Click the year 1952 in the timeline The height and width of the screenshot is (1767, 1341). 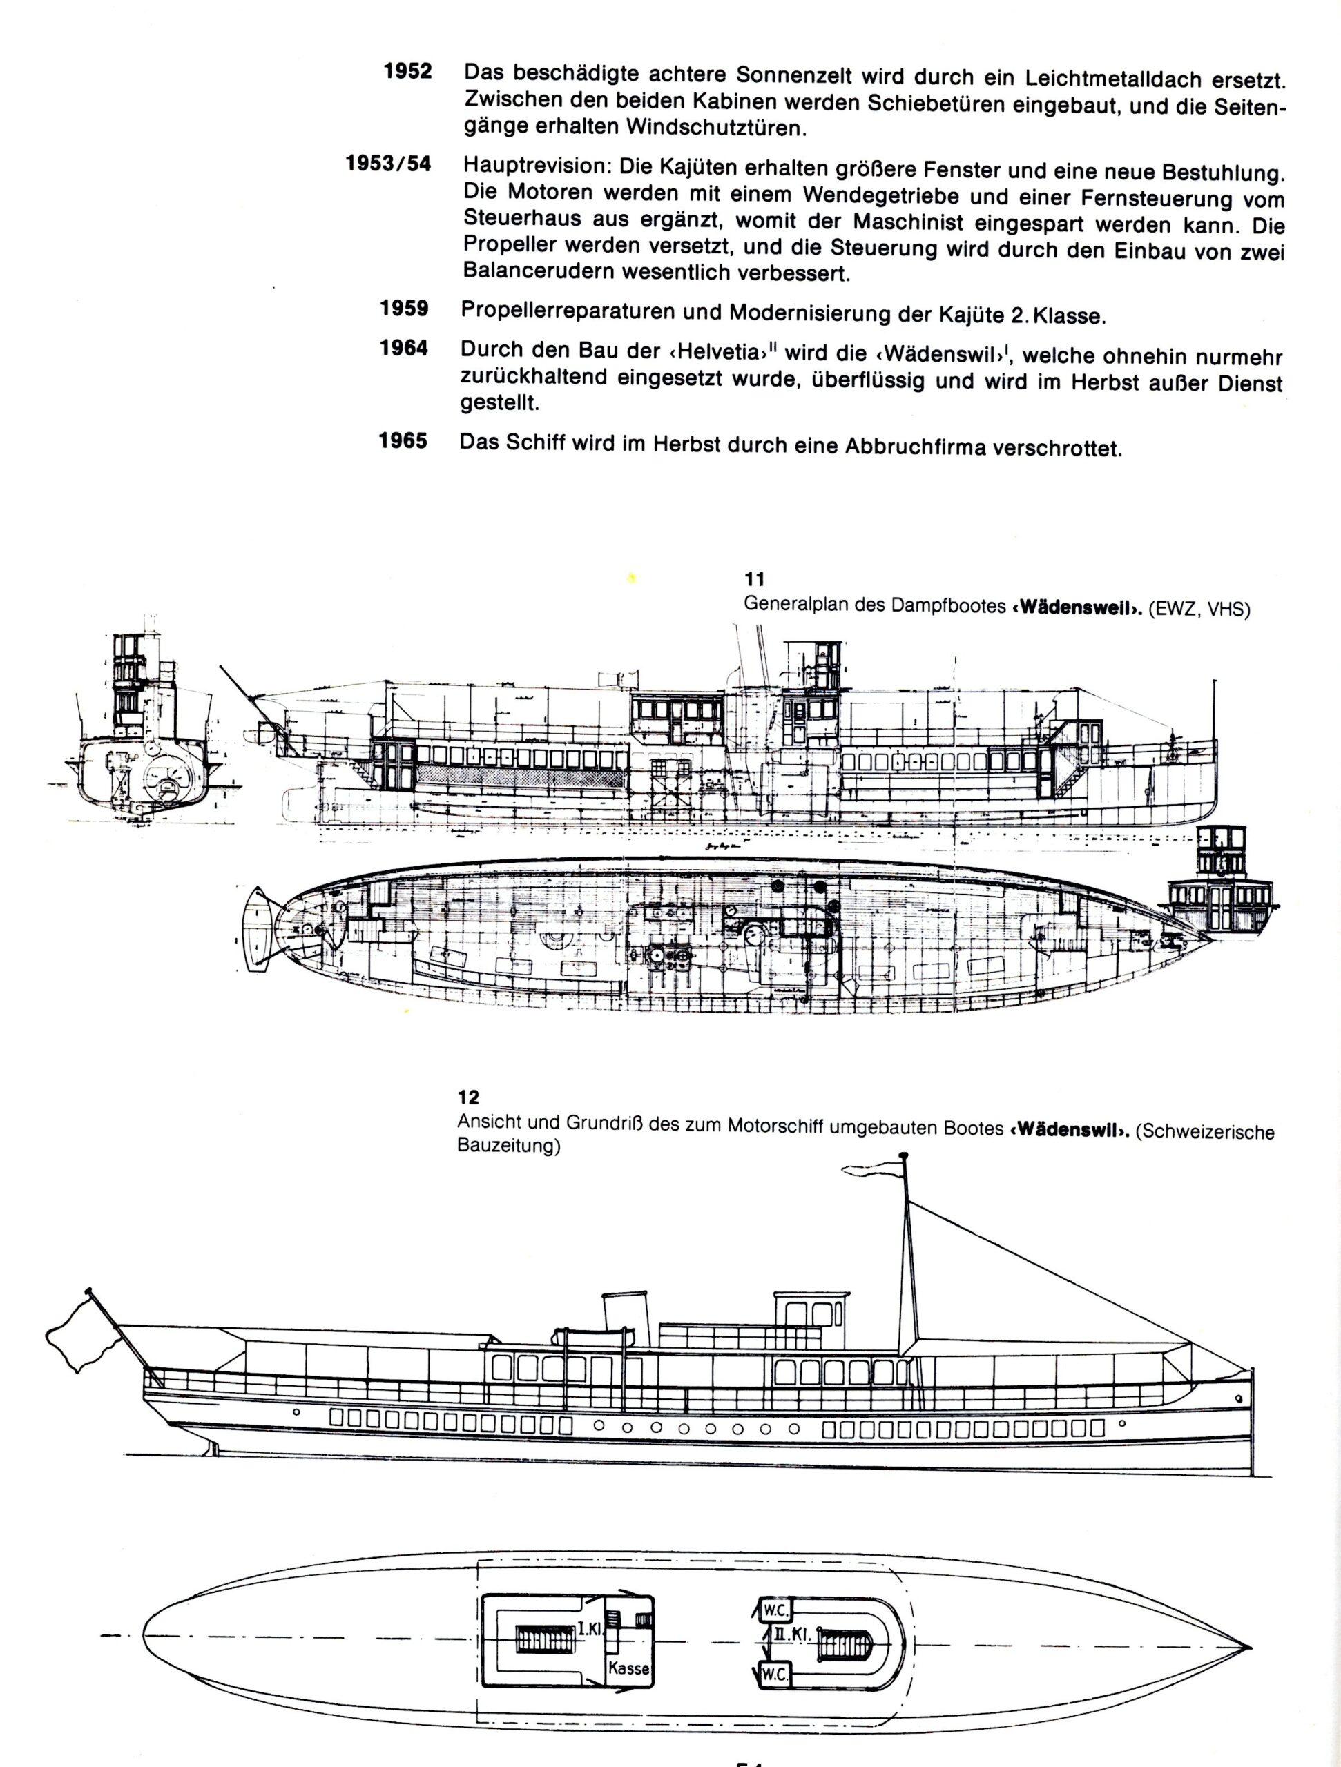[x=407, y=71]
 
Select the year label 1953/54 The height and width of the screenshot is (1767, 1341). [x=388, y=164]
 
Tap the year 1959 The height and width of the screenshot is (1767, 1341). [x=405, y=309]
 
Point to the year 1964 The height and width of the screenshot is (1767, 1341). [x=405, y=349]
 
